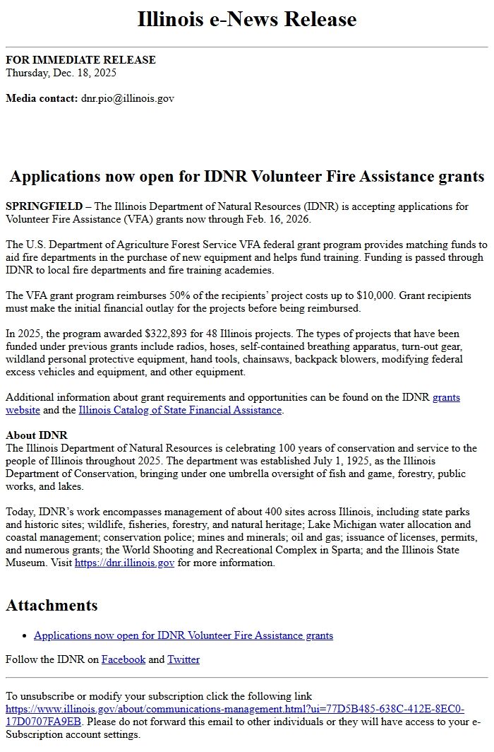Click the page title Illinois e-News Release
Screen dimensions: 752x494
[247, 19]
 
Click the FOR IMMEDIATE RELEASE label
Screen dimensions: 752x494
[80, 60]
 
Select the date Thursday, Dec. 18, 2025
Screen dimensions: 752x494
[61, 73]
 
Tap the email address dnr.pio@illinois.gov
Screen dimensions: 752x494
[127, 98]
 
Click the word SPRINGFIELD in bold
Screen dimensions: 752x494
[44, 206]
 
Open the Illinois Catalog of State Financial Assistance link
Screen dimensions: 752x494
[180, 410]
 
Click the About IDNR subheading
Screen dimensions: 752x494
[37, 435]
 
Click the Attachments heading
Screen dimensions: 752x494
[52, 605]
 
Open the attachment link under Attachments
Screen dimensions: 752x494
[183, 635]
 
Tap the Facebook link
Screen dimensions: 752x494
[123, 659]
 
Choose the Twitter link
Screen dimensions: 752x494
[183, 659]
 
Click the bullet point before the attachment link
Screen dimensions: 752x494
[25, 636]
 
